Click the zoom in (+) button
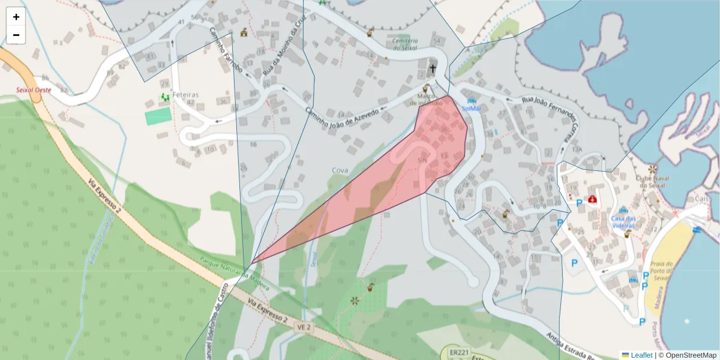tap(16, 17)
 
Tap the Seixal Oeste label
tap(34, 90)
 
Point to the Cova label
tap(340, 170)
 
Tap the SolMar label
tap(471, 108)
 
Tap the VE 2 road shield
tap(304, 327)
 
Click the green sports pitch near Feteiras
tap(158, 116)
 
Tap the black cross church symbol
tap(433, 69)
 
